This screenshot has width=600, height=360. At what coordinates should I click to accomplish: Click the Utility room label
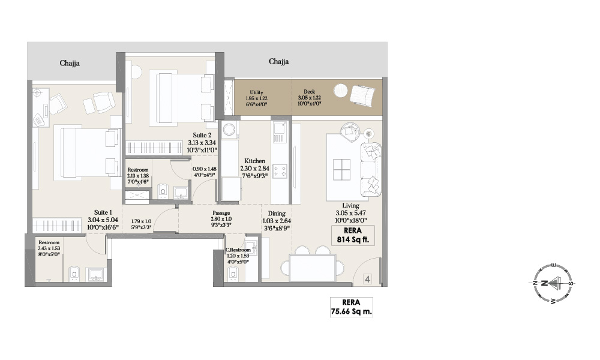click(256, 92)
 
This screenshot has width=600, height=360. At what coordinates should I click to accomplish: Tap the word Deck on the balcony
click(310, 92)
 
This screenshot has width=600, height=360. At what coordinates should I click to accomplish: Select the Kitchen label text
click(254, 161)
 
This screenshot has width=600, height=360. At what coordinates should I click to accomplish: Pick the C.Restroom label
click(238, 250)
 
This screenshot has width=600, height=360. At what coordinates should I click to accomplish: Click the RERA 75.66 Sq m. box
click(352, 307)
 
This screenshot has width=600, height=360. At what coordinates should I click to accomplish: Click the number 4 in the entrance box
click(367, 278)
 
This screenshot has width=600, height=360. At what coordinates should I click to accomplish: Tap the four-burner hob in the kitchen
click(280, 171)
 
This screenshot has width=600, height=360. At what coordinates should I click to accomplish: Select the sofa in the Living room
click(370, 169)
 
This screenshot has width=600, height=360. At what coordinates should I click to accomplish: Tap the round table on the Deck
click(340, 91)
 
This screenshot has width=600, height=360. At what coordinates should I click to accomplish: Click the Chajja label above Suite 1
click(70, 62)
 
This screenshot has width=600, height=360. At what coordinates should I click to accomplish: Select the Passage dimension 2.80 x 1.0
click(221, 219)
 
